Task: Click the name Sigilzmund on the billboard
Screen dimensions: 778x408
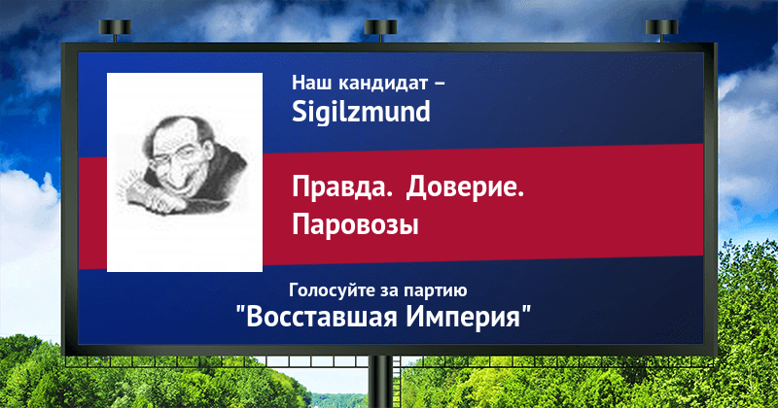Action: pyautogui.click(x=361, y=112)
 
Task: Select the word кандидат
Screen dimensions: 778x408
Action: pyautogui.click(x=381, y=84)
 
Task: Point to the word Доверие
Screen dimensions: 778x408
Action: pyautogui.click(x=466, y=188)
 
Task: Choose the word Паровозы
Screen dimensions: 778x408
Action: pyautogui.click(x=355, y=225)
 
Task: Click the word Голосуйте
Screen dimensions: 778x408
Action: pyautogui.click(x=333, y=290)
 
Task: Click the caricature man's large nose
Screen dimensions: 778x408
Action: pyautogui.click(x=175, y=174)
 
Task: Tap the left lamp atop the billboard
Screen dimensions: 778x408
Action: pyautogui.click(x=115, y=29)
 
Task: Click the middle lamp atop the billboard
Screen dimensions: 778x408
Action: pyautogui.click(x=380, y=29)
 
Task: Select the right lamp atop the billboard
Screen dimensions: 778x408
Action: pyautogui.click(x=661, y=29)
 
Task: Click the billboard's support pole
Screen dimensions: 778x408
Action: pyautogui.click(x=380, y=382)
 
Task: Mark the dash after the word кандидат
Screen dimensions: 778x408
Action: pyautogui.click(x=440, y=85)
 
